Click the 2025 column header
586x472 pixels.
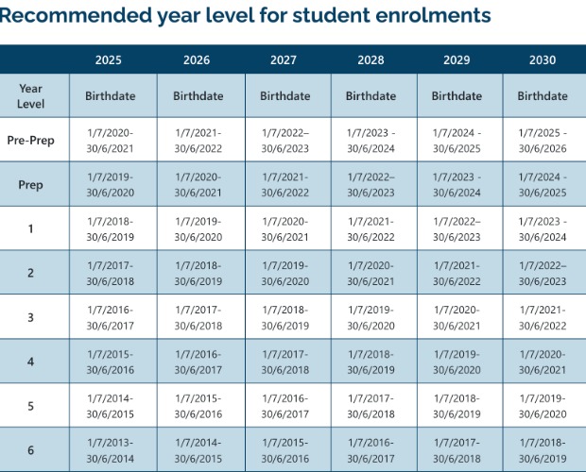click(109, 60)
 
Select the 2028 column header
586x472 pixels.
click(371, 60)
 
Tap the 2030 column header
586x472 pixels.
click(543, 60)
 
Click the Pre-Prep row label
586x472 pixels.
click(30, 141)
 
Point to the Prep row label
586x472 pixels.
click(30, 185)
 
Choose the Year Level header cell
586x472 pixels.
click(30, 95)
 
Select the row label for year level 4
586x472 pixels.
click(30, 362)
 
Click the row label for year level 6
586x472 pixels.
click(30, 450)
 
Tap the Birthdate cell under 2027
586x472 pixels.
click(284, 96)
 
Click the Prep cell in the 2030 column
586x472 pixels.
click(543, 185)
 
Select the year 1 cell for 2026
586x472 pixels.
click(198, 229)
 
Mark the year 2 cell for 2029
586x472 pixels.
click(457, 274)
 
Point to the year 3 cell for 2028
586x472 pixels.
click(371, 318)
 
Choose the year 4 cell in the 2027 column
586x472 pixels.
click(284, 362)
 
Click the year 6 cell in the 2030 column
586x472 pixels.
click(543, 450)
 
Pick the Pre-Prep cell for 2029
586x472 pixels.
click(457, 141)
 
